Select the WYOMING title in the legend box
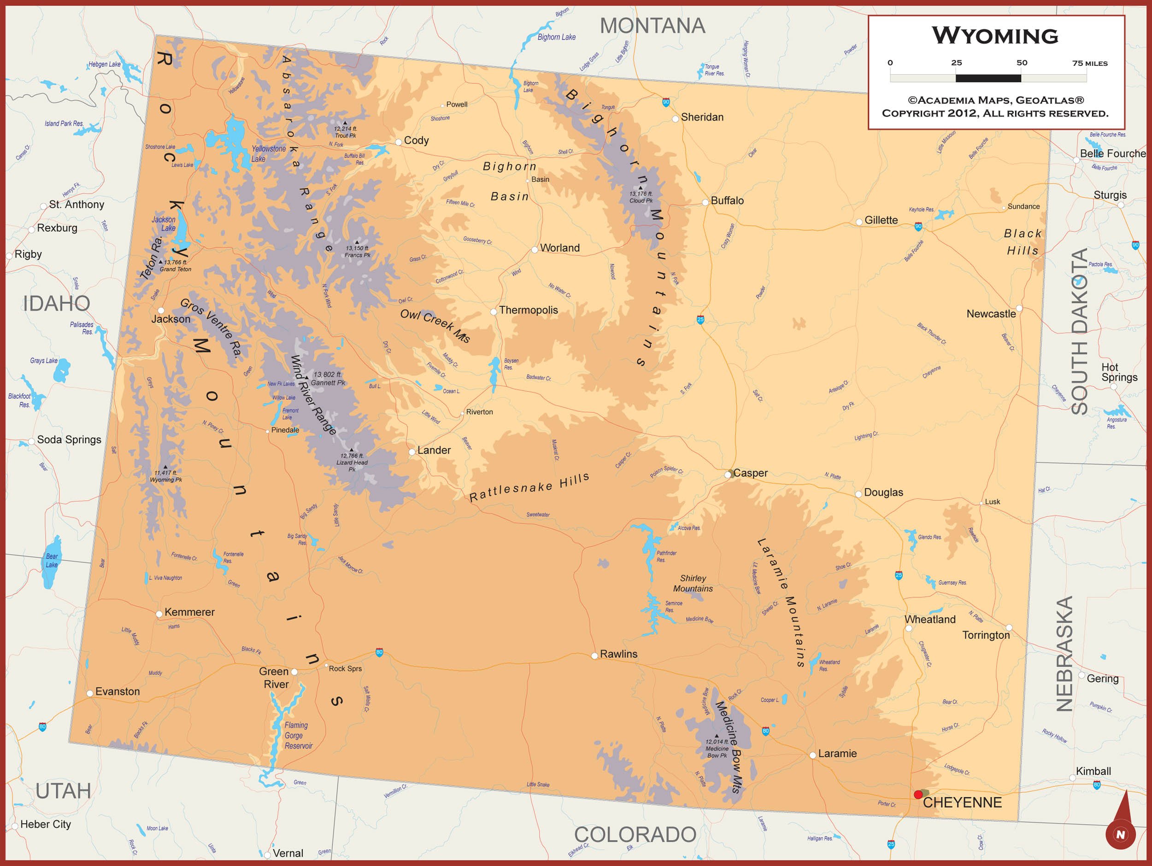[995, 36]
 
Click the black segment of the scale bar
[988, 78]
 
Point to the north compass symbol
[1120, 828]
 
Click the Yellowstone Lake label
[268, 153]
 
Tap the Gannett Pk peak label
[328, 379]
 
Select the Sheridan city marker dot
[676, 119]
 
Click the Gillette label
[881, 220]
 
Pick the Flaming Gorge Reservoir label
[298, 735]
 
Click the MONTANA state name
[652, 25]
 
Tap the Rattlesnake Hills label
[529, 487]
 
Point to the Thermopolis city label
[528, 310]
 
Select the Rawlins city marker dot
[594, 655]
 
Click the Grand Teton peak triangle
[160, 262]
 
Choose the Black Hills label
[1023, 242]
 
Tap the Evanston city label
[117, 691]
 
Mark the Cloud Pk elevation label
[641, 197]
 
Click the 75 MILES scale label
[1089, 64]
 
